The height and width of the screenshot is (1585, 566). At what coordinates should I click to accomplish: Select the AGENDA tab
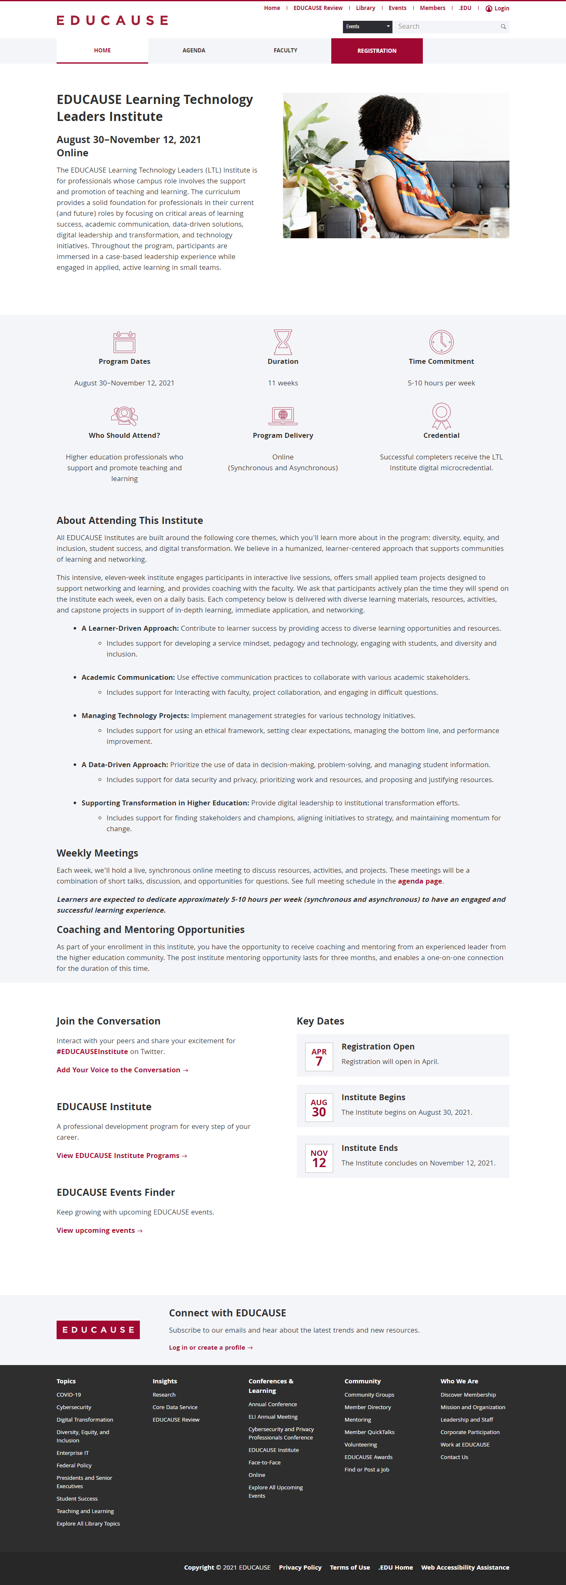(x=194, y=50)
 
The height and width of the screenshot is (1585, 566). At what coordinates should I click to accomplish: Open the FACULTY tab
(x=285, y=50)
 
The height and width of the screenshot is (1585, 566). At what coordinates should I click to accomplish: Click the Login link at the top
(x=498, y=9)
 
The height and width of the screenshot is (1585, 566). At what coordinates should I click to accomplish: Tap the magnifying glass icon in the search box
(x=503, y=27)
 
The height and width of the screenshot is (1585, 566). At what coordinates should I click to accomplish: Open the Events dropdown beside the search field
(x=367, y=27)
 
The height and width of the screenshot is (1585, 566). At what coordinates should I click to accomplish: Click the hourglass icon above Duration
(x=283, y=342)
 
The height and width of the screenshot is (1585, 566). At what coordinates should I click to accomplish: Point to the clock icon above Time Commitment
(x=441, y=342)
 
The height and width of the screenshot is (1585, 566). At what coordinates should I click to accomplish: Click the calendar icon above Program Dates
(x=124, y=342)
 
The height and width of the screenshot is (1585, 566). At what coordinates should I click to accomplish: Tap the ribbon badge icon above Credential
(x=441, y=416)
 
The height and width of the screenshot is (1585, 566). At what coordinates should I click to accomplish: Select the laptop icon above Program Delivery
(x=283, y=416)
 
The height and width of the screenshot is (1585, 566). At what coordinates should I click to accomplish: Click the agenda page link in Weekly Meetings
(x=420, y=881)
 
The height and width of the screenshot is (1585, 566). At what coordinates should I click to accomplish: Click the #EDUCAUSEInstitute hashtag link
(x=92, y=1052)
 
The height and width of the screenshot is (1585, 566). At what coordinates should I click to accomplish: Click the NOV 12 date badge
(x=319, y=1158)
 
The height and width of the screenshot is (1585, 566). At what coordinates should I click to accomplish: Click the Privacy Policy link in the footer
(x=300, y=1567)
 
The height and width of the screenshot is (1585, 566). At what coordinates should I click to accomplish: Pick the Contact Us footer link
(x=454, y=1457)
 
